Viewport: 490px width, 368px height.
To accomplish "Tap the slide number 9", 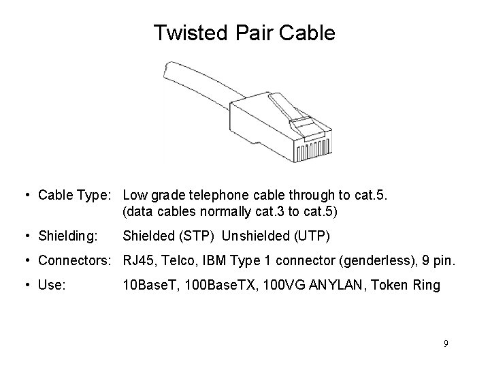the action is pyautogui.click(x=446, y=343).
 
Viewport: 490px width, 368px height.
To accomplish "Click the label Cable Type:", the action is pyautogui.click(x=77, y=196).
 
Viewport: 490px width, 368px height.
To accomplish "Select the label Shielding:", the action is pyautogui.click(x=68, y=236).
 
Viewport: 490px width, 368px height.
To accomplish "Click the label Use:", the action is pyautogui.click(x=52, y=286).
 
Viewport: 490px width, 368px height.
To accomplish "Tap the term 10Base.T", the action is pyautogui.click(x=148, y=286).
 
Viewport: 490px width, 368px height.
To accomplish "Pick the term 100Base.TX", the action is pyautogui.click(x=216, y=286).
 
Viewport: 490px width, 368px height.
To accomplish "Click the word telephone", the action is pyautogui.click(x=231, y=196).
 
